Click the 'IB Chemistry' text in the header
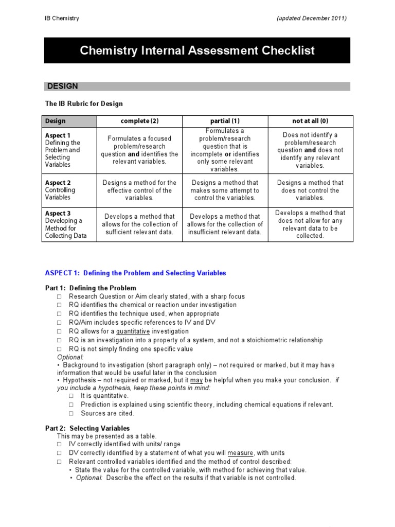click(62, 19)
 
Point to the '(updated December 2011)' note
click(312, 19)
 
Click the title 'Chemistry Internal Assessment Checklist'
click(197, 50)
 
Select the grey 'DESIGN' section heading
click(63, 86)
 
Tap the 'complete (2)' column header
click(139, 121)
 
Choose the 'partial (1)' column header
click(225, 121)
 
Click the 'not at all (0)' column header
click(310, 121)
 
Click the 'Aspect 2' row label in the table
click(58, 183)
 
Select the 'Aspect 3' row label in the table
click(58, 214)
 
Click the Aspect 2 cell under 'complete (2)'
click(139, 190)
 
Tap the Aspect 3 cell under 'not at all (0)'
click(310, 224)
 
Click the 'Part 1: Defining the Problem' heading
click(91, 288)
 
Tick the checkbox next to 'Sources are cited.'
click(71, 414)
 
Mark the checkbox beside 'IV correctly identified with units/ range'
click(60, 444)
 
